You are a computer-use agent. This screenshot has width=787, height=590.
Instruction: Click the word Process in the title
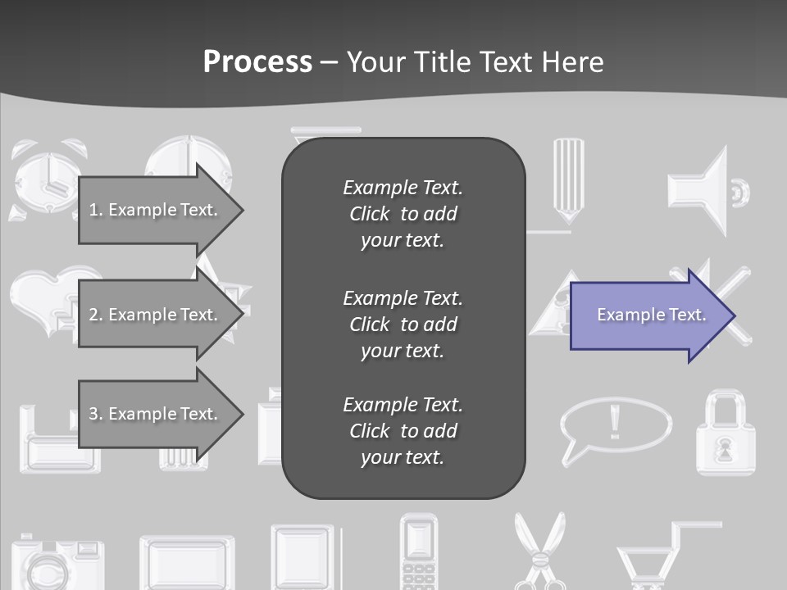click(x=257, y=62)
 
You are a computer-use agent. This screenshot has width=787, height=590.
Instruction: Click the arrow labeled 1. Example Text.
click(x=156, y=210)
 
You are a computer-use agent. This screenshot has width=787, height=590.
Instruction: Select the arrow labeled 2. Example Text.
click(x=156, y=315)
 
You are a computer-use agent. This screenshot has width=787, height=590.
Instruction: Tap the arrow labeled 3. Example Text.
click(x=156, y=414)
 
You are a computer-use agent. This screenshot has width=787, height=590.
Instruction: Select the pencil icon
click(x=568, y=180)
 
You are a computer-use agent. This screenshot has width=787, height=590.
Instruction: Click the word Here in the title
click(x=574, y=62)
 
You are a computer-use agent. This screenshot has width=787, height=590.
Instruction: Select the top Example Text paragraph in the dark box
click(x=403, y=214)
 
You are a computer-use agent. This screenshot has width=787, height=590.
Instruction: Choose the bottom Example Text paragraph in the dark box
click(x=403, y=431)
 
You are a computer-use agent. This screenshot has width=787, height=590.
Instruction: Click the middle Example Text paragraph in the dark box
click(x=403, y=324)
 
